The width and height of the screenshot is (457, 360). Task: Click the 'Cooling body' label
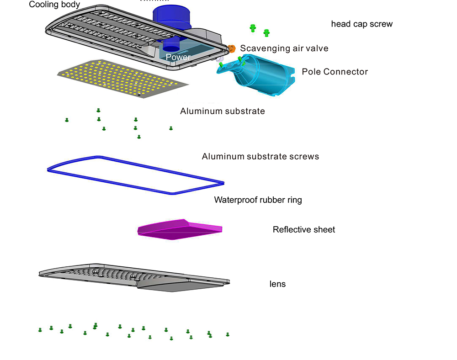pos(54,5)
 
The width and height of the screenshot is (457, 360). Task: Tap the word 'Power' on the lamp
pos(178,57)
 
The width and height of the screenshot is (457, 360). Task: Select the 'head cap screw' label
pos(361,24)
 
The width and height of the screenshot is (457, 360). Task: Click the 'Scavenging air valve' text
pos(284,48)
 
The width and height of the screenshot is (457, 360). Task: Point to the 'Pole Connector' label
pos(335,72)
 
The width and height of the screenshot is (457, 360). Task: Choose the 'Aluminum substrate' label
pos(222,111)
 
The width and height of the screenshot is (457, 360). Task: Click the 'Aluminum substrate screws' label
pos(260,157)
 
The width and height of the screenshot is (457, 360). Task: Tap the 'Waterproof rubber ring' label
pos(258,200)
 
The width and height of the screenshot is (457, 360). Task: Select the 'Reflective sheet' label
pos(303,230)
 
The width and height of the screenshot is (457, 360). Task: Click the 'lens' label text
pos(277,284)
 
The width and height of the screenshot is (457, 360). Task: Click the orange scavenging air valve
pos(232,48)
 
